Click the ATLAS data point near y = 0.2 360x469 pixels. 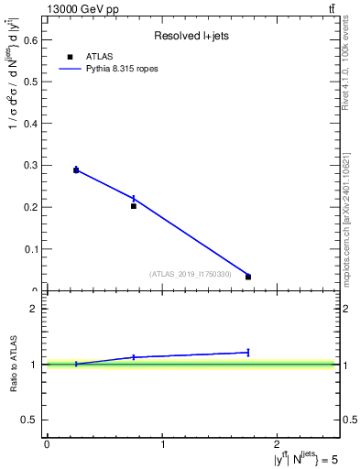click(134, 206)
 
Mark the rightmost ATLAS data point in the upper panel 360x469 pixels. click(248, 277)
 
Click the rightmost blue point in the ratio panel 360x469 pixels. click(248, 352)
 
